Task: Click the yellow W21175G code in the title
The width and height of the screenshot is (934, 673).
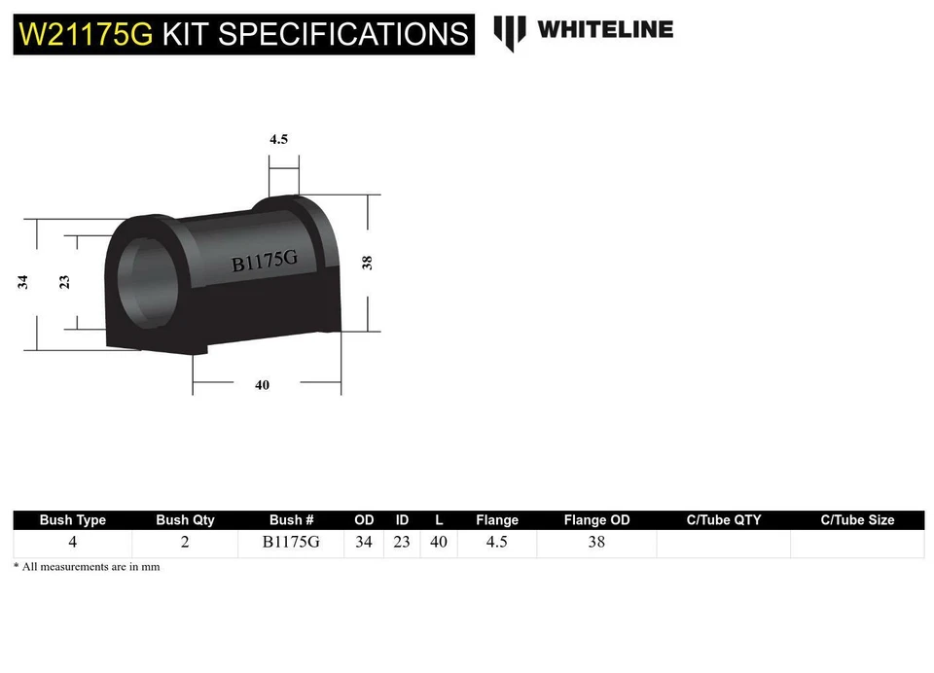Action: pos(85,34)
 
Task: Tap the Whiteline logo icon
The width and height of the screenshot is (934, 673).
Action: pos(510,33)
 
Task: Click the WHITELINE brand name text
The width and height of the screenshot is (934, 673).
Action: pos(604,29)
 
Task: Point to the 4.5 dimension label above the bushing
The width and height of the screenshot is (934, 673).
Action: pos(278,139)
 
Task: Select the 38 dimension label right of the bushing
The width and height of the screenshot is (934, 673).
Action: pos(368,262)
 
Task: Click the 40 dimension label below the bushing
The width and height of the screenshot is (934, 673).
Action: pos(262,385)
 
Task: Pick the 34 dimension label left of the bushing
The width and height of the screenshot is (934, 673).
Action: pos(22,282)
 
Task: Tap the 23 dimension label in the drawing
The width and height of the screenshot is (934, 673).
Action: pos(64,282)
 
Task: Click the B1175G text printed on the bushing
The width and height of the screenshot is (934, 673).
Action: pos(264,261)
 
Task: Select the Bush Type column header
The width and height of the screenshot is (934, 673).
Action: pos(73,520)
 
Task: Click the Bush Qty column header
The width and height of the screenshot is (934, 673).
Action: pos(185,520)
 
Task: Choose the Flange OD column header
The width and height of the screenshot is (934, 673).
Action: pos(596,520)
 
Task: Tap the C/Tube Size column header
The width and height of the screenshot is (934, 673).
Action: pos(857,520)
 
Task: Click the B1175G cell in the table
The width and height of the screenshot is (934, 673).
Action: pos(291,543)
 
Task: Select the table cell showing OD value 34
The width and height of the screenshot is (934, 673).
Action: pos(363,543)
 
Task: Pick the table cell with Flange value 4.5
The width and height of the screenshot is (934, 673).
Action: pos(496,543)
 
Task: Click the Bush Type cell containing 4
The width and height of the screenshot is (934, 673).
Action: pos(73,543)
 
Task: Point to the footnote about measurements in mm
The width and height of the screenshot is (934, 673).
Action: pos(87,567)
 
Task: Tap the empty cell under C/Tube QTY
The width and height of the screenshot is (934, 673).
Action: pos(723,543)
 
